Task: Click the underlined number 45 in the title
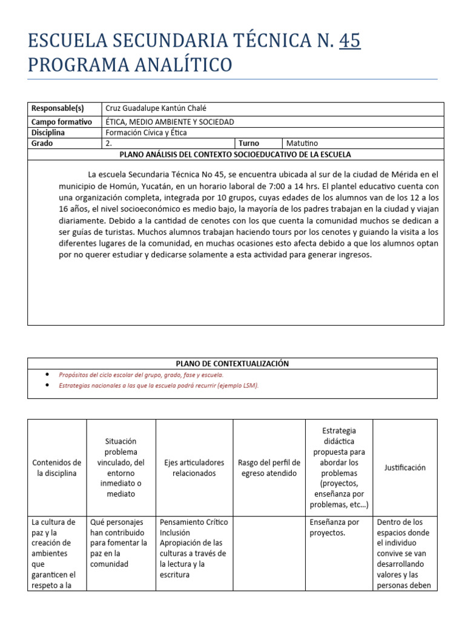pyautogui.click(x=350, y=41)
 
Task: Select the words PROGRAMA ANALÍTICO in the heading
pyautogui.click(x=130, y=64)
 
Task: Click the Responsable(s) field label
pyautogui.click(x=58, y=108)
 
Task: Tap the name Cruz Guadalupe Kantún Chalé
pyautogui.click(x=156, y=108)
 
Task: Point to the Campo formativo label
pyautogui.click(x=61, y=122)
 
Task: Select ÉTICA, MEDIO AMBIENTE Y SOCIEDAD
pyautogui.click(x=170, y=122)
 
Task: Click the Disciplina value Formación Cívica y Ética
pyautogui.click(x=147, y=133)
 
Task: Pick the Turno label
pyautogui.click(x=249, y=143)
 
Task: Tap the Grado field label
pyautogui.click(x=42, y=143)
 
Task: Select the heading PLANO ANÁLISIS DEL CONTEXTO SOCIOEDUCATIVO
pyautogui.click(x=236, y=154)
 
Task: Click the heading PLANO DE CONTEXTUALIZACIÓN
pyautogui.click(x=232, y=363)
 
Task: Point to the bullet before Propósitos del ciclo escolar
pyautogui.click(x=48, y=375)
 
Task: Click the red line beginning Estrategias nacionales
pyautogui.click(x=159, y=386)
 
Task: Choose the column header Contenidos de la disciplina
pyautogui.click(x=57, y=468)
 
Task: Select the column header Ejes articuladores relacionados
pyautogui.click(x=194, y=468)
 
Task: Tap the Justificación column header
pyautogui.click(x=404, y=467)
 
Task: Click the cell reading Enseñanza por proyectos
pyautogui.click(x=334, y=527)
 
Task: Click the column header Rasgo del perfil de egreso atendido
pyautogui.click(x=268, y=468)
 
